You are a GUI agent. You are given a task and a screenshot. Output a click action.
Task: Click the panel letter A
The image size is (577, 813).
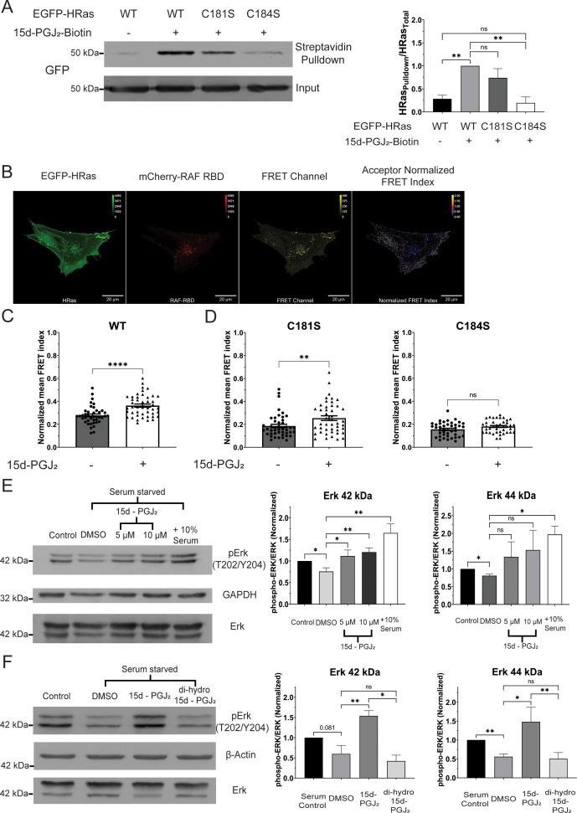coord(8,8)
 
